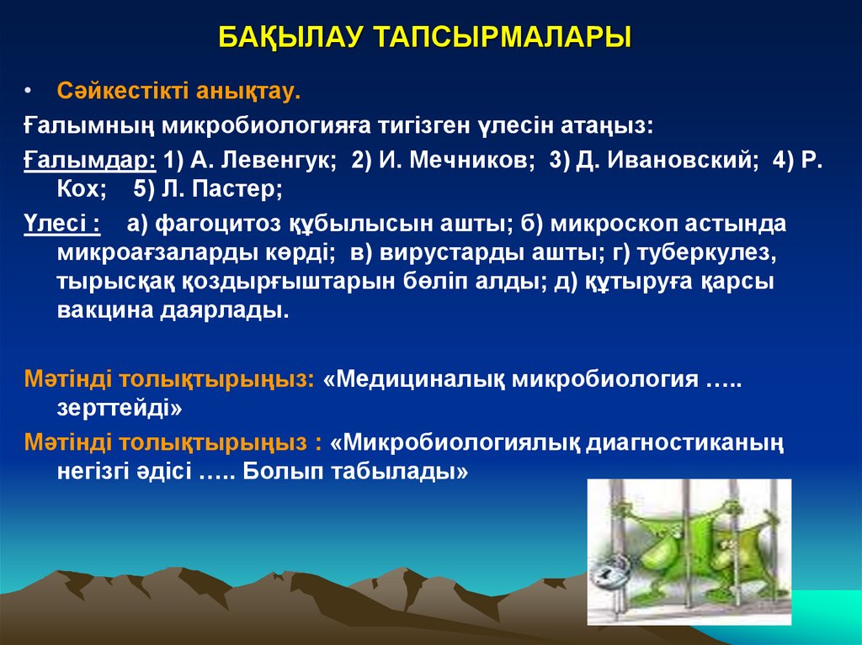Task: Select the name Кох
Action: click(x=82, y=189)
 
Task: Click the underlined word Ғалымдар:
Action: click(x=89, y=161)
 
